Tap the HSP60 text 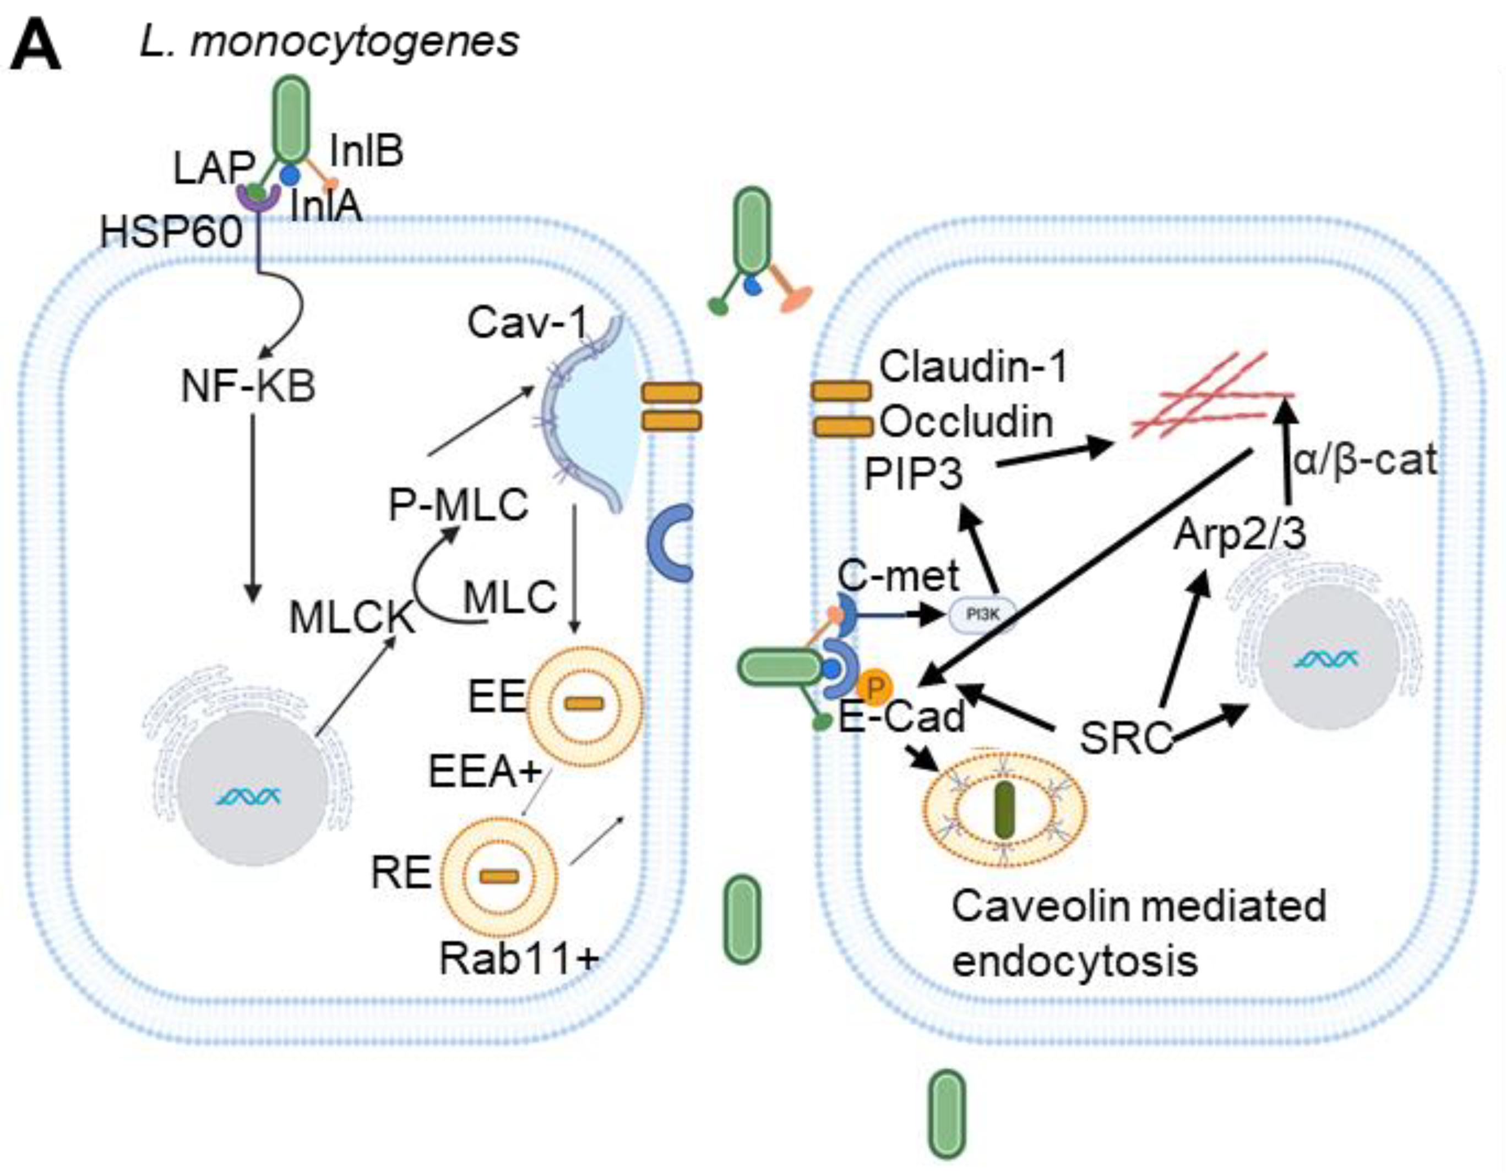point(171,232)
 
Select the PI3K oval point(983,614)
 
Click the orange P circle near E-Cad point(875,688)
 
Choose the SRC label point(1126,738)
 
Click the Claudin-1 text point(973,367)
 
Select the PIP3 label point(913,474)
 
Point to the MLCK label point(352,618)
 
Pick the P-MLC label point(459,505)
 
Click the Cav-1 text point(528,322)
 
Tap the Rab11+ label point(519,958)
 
